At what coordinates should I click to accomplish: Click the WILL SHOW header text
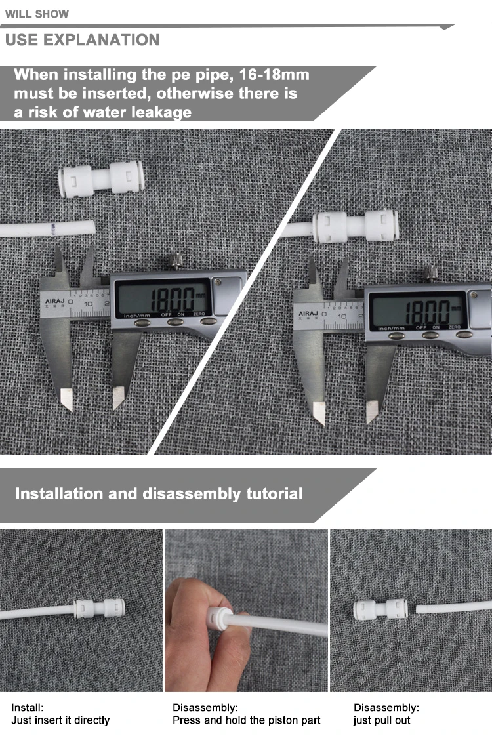coord(37,14)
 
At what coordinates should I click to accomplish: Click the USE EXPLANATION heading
coord(82,40)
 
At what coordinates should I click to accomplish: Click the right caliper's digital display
coord(417,310)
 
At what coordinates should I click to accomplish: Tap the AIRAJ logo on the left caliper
coord(55,302)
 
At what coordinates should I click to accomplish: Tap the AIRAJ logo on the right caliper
coord(308,314)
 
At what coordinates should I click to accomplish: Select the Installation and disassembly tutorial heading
coord(159,494)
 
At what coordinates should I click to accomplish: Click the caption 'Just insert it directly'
coord(60,720)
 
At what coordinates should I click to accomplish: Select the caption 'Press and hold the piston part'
coord(247,720)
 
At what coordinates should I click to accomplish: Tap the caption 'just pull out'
coord(382,720)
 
